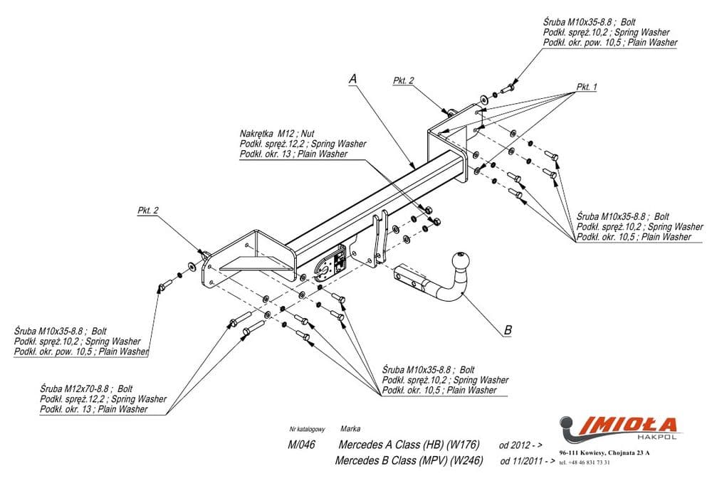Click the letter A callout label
click(x=352, y=80)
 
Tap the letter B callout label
click(x=507, y=329)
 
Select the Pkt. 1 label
click(x=587, y=87)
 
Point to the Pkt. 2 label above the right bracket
click(x=403, y=81)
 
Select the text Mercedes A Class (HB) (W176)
click(x=406, y=445)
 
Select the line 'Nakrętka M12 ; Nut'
click(x=277, y=134)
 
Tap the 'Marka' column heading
click(x=350, y=429)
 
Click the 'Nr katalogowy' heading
click(x=308, y=430)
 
